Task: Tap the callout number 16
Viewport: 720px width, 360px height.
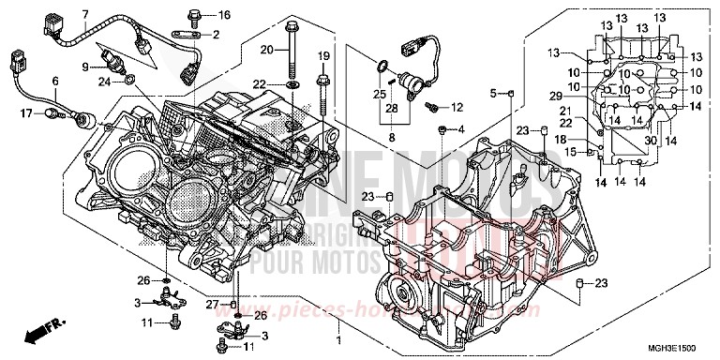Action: tap(223, 16)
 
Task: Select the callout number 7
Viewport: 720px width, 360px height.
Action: tap(85, 13)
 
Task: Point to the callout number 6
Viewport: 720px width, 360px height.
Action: tap(54, 81)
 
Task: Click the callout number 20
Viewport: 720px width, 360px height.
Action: tap(267, 48)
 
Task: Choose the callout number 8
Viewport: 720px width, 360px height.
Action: tap(390, 138)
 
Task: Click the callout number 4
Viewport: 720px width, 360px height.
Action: tap(460, 127)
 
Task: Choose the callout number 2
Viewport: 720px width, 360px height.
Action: tap(216, 35)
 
